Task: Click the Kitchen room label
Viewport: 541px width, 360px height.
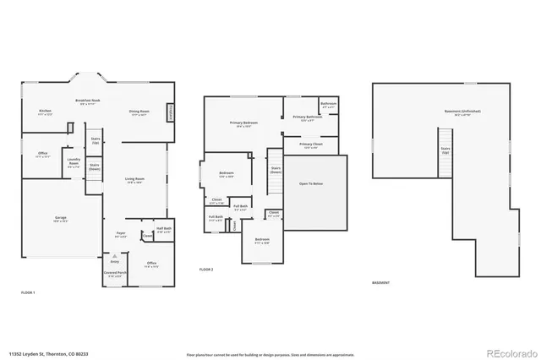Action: coord(46,111)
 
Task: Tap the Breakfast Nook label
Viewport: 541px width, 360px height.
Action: coord(88,100)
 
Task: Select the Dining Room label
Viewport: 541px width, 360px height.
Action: coord(139,112)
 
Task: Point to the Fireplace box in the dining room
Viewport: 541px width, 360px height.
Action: coord(171,112)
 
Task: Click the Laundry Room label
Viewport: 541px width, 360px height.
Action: coord(74,160)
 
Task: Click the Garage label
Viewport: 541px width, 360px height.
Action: coord(61,218)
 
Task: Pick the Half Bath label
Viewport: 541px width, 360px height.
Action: coord(164,228)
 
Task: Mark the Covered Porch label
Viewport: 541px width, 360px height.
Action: coord(115,275)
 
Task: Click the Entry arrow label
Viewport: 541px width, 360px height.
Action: coord(114,261)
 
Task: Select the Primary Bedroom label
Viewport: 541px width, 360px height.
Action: coord(243,123)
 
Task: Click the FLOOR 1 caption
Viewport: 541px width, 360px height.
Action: coord(28,292)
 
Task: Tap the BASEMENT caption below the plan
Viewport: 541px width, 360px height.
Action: coord(382,282)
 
